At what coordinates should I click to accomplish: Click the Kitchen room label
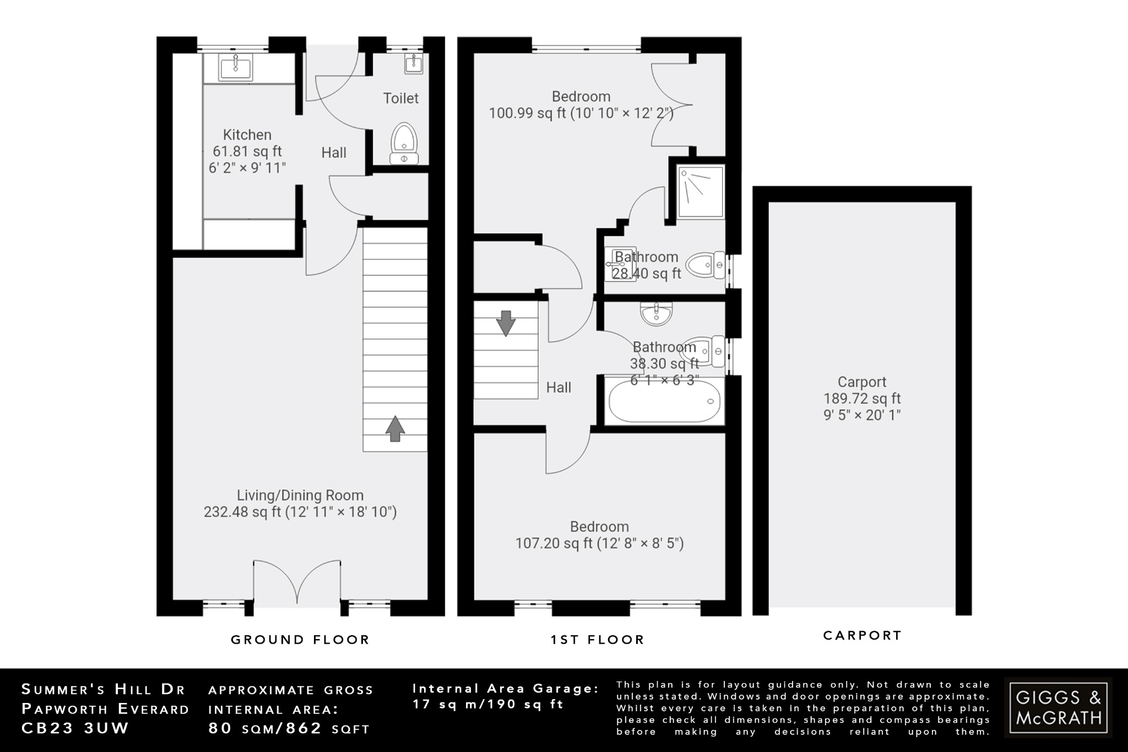(x=247, y=135)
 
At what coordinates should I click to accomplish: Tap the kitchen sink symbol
(x=236, y=69)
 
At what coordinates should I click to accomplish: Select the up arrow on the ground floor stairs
(x=394, y=429)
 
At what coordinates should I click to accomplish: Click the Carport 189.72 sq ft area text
(x=862, y=398)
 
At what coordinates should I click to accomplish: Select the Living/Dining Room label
(x=300, y=495)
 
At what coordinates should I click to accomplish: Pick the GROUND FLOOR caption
(x=300, y=640)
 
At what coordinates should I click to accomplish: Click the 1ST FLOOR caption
(x=598, y=640)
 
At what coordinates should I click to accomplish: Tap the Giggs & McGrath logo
(x=1058, y=707)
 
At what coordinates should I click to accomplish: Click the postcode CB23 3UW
(x=75, y=728)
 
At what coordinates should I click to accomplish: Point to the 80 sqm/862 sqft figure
(x=289, y=728)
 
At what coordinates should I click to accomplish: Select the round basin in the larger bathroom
(x=655, y=314)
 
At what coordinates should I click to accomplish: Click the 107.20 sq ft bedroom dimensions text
(x=599, y=544)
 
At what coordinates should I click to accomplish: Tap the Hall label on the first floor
(x=558, y=388)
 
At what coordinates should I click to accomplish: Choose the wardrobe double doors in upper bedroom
(x=670, y=105)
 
